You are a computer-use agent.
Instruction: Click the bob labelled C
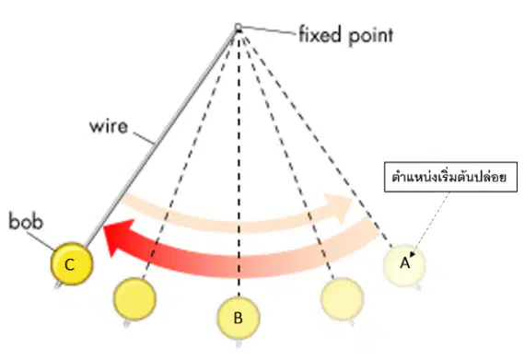pyautogui.click(x=72, y=264)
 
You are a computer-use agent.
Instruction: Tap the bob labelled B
pyautogui.click(x=239, y=318)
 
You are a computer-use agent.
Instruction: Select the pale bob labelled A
pyautogui.click(x=404, y=265)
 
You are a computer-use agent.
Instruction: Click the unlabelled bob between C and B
pyautogui.click(x=134, y=299)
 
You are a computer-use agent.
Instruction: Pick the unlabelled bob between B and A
pyautogui.click(x=342, y=299)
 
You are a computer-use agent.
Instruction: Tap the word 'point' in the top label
pyautogui.click(x=370, y=36)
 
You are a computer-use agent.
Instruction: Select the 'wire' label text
pyautogui.click(x=109, y=126)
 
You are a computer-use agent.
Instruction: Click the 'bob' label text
pyautogui.click(x=26, y=221)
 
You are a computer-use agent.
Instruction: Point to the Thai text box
pyautogui.click(x=451, y=177)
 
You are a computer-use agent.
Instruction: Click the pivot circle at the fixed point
pyautogui.click(x=238, y=28)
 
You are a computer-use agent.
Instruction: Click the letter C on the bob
pyautogui.click(x=69, y=265)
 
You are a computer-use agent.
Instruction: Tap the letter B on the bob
pyautogui.click(x=238, y=318)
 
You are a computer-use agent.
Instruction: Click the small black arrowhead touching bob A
pyautogui.click(x=412, y=254)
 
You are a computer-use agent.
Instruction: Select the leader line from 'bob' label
pyautogui.click(x=41, y=240)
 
